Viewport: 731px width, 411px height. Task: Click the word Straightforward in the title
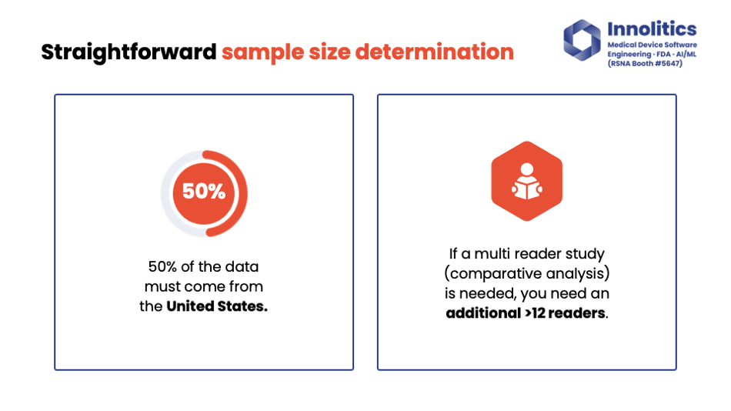[129, 52]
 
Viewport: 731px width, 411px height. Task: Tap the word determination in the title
[435, 52]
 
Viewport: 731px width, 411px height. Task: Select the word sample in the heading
[262, 52]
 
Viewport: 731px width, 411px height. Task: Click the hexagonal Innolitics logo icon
[582, 40]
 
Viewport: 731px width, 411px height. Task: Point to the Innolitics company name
[652, 29]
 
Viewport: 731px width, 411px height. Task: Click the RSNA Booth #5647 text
[645, 63]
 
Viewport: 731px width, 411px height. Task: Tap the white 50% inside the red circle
[204, 192]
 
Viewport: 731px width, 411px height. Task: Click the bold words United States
[217, 306]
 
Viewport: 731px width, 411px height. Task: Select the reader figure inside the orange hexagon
[527, 181]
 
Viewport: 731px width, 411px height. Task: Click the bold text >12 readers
[566, 313]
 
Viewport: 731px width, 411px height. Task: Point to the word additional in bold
[483, 313]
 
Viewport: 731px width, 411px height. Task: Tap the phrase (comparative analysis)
[527, 273]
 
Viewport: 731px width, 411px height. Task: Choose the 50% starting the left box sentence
[162, 266]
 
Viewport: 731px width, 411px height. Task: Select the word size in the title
[329, 52]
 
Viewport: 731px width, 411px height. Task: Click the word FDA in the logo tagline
[663, 54]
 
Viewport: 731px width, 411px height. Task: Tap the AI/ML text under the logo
[686, 54]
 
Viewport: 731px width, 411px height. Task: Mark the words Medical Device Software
[653, 45]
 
